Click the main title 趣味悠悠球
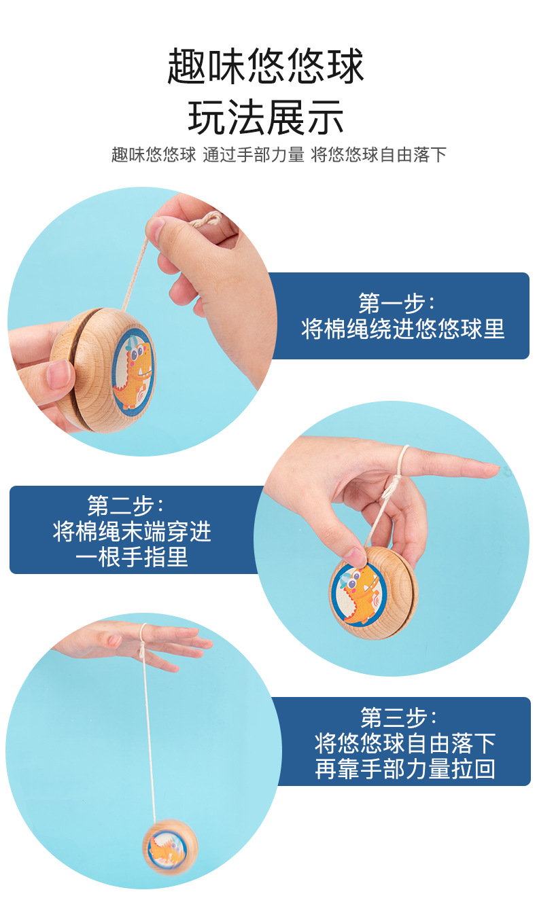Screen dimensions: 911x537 [x=266, y=67]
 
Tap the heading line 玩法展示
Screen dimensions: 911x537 [x=266, y=118]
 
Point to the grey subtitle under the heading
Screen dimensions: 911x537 [x=279, y=155]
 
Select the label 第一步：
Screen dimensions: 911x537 [x=397, y=303]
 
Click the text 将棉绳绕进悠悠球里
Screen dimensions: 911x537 [x=402, y=329]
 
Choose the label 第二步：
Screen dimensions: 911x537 [x=126, y=506]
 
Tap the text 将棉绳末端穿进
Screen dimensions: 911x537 [x=132, y=531]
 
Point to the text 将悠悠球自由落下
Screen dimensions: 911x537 [x=404, y=743]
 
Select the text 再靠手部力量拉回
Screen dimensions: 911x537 [x=404, y=768]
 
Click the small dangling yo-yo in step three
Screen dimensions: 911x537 [x=171, y=846]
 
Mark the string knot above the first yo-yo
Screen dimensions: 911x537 [x=207, y=221]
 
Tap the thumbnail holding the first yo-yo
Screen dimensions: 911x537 [x=59, y=374]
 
